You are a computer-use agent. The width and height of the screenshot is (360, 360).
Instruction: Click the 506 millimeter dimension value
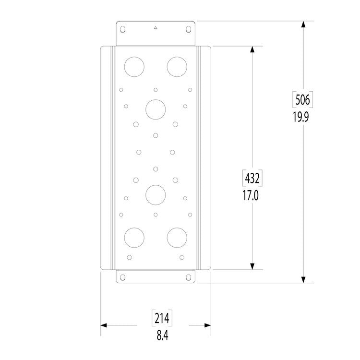[x=303, y=100]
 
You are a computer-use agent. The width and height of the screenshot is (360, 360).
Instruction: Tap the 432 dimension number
[x=252, y=179]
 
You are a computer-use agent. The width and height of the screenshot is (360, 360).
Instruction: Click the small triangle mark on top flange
[x=155, y=29]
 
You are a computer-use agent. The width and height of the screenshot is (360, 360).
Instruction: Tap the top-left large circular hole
[x=134, y=66]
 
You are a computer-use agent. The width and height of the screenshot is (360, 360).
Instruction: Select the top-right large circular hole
[x=177, y=66]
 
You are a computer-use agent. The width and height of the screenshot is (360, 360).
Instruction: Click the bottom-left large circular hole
[x=134, y=238]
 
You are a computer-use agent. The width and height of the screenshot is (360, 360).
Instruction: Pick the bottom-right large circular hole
[x=177, y=238]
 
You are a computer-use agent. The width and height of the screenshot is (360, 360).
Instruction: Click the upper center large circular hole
[x=155, y=109]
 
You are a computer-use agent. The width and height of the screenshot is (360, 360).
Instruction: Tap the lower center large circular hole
[x=155, y=194]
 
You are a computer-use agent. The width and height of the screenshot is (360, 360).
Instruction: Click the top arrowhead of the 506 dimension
[x=303, y=25]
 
